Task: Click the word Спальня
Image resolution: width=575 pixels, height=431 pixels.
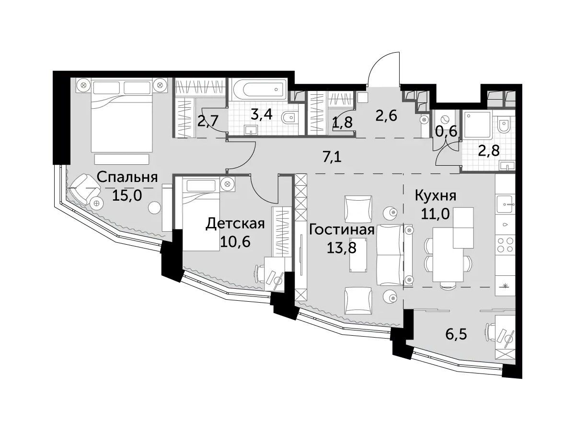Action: tap(127, 177)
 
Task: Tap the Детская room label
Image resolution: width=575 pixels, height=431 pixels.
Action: tap(235, 224)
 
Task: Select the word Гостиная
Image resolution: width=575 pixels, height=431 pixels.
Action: tap(341, 230)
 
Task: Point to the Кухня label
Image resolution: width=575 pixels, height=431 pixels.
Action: tap(436, 196)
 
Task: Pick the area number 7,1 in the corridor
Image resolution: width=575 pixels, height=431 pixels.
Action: tap(332, 158)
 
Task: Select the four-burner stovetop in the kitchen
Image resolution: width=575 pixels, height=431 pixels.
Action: tap(506, 244)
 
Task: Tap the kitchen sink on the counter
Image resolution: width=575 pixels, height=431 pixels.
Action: tap(506, 204)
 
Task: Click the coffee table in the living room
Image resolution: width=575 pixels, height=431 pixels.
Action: tap(358, 254)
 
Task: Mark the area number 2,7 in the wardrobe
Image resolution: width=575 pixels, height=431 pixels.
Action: tap(207, 121)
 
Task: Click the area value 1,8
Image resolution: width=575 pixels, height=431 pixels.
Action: tap(342, 122)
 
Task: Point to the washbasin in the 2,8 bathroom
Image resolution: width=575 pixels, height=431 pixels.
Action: tap(507, 166)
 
